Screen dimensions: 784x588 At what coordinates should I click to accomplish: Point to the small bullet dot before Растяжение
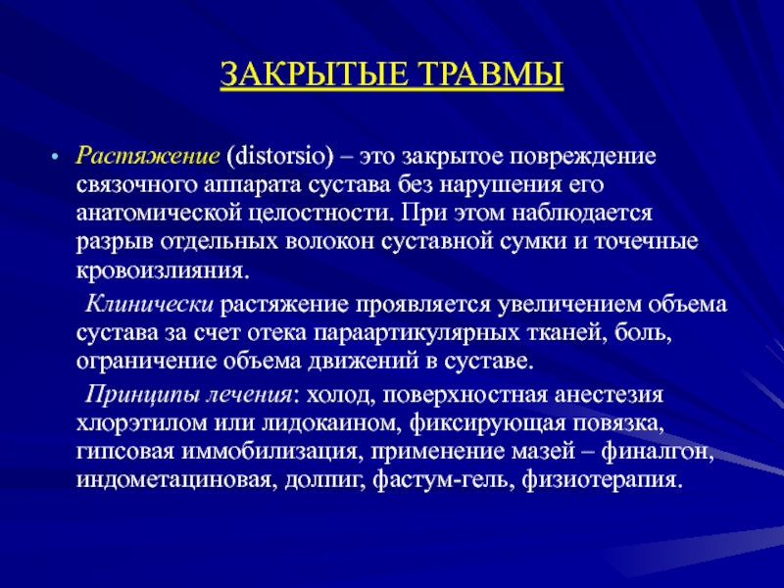click(55, 157)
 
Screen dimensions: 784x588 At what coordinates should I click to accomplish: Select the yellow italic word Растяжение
click(148, 156)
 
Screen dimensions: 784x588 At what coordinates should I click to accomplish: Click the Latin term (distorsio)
click(279, 156)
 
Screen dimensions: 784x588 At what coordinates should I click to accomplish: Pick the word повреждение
click(582, 157)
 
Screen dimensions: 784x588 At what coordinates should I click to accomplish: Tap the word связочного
click(137, 185)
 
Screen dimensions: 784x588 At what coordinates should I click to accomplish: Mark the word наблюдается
click(582, 214)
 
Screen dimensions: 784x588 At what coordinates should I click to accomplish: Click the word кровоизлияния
click(163, 270)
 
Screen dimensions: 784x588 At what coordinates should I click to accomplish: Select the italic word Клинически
click(149, 304)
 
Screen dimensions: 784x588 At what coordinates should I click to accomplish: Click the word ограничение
click(146, 361)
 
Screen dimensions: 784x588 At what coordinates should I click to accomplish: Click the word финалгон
click(657, 452)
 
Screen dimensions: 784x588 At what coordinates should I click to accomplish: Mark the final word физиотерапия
click(603, 480)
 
